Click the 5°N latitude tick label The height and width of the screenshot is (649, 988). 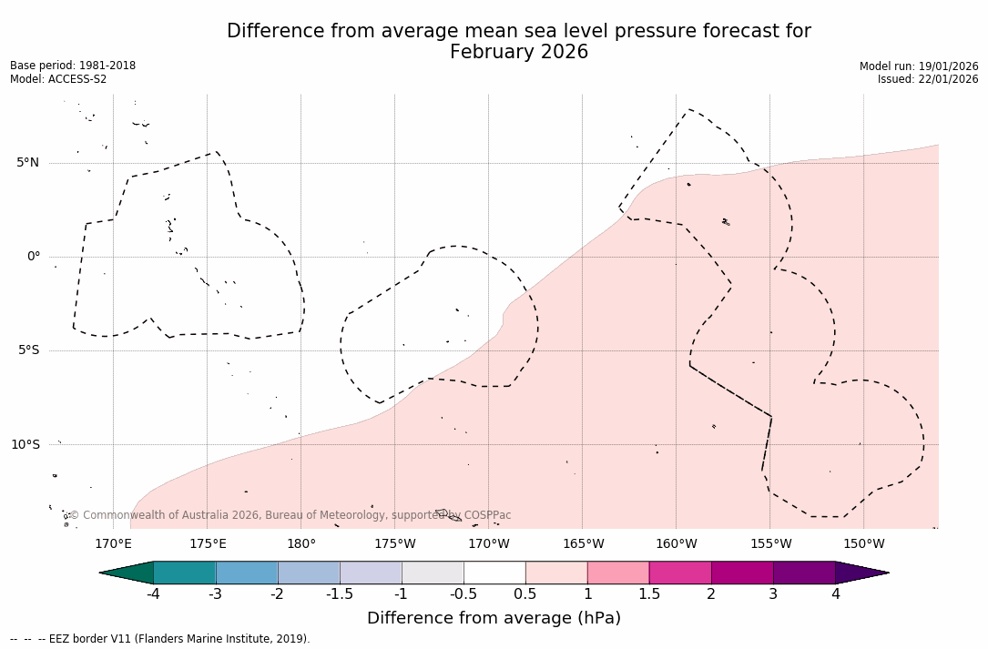[27, 163]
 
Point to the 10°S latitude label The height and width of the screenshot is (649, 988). [25, 445]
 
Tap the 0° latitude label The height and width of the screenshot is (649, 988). [33, 257]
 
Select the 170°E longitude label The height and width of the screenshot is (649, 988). [113, 544]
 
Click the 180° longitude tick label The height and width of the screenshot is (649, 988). [300, 544]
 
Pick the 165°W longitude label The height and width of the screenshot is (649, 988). [583, 544]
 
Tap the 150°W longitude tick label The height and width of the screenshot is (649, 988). [864, 544]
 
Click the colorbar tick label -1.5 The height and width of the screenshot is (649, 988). [340, 594]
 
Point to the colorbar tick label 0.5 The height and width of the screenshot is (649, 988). [525, 594]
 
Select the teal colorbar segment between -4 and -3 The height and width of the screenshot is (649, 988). [185, 573]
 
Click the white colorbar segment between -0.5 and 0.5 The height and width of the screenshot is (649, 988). [494, 573]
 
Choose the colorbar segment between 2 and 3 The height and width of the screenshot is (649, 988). [742, 573]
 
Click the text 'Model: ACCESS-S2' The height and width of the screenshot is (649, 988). [58, 79]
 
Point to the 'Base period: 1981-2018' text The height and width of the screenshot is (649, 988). [73, 66]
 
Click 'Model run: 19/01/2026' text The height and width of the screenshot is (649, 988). [919, 66]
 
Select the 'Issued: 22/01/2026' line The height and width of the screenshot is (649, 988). [928, 79]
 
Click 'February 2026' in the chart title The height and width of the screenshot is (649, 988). [519, 53]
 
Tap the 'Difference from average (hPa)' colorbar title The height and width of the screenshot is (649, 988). [494, 619]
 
